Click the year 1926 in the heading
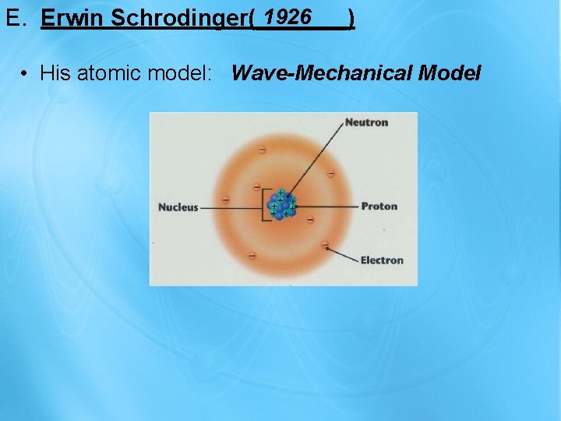[288, 16]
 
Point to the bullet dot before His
[26, 74]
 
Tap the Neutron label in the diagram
[366, 122]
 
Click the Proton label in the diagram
[379, 207]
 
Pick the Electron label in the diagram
[382, 260]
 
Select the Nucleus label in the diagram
[178, 207]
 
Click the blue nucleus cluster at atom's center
[281, 205]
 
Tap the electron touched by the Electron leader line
[324, 245]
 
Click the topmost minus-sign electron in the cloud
[262, 149]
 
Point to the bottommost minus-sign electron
[252, 256]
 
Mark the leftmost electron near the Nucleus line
[225, 200]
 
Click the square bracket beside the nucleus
[265, 205]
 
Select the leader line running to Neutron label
[316, 155]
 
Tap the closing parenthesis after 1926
[352, 17]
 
